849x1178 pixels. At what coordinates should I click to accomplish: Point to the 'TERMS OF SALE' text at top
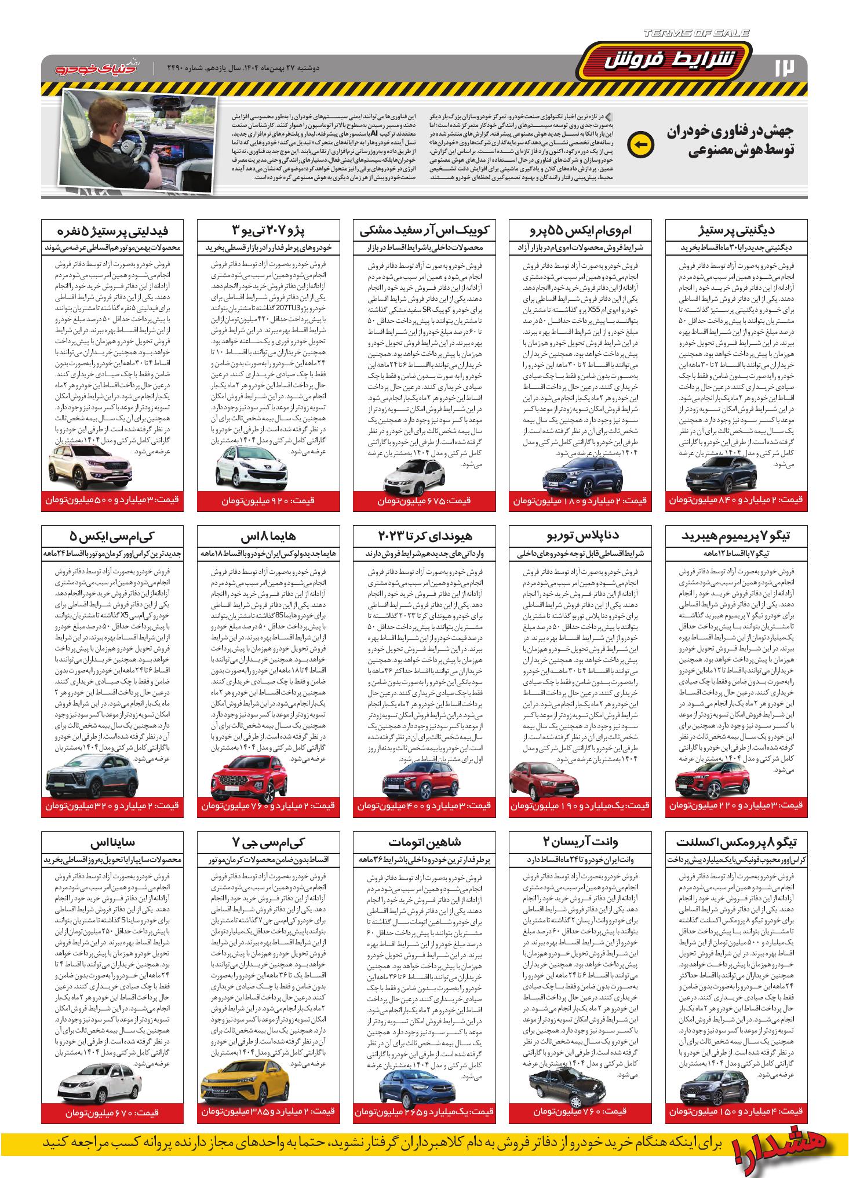(695, 34)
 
